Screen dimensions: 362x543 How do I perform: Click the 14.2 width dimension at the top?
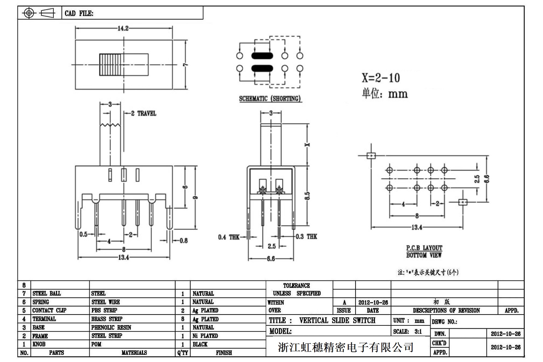coord(123,28)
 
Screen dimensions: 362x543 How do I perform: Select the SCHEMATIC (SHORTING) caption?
coord(270,98)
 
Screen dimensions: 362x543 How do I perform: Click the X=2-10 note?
coord(380,78)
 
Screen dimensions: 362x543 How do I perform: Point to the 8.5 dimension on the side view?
coord(307,196)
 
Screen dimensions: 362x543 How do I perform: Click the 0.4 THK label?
coord(229,237)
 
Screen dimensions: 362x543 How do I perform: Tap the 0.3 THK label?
coord(306,237)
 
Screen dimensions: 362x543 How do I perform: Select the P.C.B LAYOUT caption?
coord(424,248)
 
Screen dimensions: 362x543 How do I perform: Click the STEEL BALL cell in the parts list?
coord(46,293)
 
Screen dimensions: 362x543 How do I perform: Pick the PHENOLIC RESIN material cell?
coord(111,328)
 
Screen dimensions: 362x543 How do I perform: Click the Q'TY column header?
coord(182,353)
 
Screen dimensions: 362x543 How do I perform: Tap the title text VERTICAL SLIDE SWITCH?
coord(337,320)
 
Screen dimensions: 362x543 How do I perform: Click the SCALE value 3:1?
coord(418,331)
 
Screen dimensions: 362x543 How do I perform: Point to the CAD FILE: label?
coord(79,13)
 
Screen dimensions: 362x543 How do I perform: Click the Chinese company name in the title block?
coord(346,347)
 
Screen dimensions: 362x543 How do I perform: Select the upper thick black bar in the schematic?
coord(262,56)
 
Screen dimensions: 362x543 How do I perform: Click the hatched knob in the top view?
coord(110,64)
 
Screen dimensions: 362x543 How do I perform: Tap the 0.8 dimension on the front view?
coord(183,241)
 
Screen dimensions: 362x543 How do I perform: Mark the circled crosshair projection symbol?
coord(29,13)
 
